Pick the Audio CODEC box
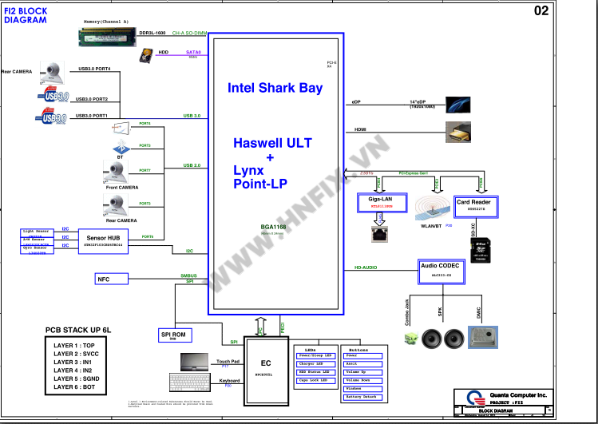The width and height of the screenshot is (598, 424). [x=442, y=271]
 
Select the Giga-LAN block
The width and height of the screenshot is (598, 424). [x=381, y=203]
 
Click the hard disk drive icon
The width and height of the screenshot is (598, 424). [x=146, y=54]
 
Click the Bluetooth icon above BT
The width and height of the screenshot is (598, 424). [x=120, y=149]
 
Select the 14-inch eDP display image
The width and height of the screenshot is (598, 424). [x=462, y=105]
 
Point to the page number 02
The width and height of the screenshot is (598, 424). [x=564, y=10]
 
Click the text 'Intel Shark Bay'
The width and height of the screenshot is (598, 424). [x=275, y=88]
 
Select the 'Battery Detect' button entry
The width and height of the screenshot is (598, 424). [x=362, y=396]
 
